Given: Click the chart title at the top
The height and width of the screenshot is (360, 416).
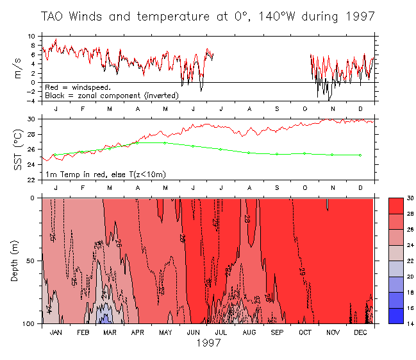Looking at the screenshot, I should pyautogui.click(x=208, y=15).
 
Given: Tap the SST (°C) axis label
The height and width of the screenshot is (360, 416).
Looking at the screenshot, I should pyautogui.click(x=17, y=150).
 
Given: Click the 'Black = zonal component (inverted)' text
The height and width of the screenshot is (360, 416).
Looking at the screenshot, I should pyautogui.click(x=112, y=95).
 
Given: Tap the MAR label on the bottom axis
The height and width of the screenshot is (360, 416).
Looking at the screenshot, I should pyautogui.click(x=110, y=332).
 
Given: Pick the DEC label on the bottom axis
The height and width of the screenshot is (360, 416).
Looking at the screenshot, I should pyautogui.click(x=360, y=332).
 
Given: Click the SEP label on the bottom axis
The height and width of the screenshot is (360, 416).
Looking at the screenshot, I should pyautogui.click(x=276, y=332).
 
